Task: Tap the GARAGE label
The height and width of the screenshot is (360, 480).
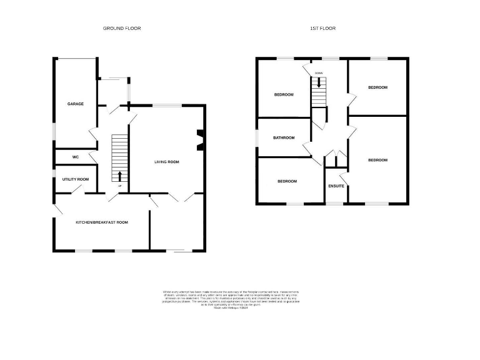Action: [76, 104]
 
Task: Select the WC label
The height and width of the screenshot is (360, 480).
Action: [75, 156]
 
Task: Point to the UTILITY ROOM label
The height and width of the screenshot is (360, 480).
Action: [76, 179]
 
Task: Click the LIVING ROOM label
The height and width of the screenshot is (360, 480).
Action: [167, 162]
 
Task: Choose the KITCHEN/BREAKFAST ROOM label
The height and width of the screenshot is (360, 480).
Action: [102, 222]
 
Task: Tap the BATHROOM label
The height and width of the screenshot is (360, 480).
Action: [283, 137]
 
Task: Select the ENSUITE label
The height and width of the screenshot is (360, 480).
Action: [336, 186]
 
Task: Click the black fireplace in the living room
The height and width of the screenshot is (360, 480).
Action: [199, 141]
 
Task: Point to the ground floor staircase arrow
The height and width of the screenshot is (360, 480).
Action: [119, 174]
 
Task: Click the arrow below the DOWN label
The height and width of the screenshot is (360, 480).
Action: [319, 82]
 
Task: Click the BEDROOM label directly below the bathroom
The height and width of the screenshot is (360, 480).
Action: [286, 181]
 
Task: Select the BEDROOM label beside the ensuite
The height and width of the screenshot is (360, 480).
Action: [377, 160]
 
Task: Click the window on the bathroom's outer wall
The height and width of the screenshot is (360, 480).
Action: [256, 137]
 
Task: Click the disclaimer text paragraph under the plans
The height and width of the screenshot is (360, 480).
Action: [231, 299]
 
